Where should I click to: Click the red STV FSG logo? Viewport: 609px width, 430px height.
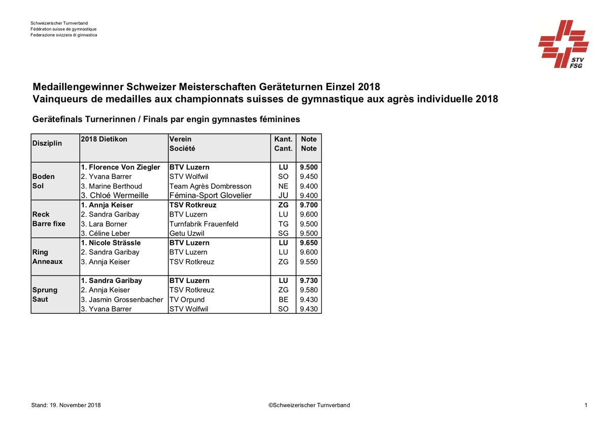click(x=564, y=44)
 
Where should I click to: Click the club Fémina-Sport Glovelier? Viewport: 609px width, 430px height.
click(x=210, y=196)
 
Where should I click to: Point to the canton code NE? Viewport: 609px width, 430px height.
click(x=283, y=186)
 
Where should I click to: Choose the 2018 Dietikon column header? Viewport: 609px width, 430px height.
click(x=104, y=139)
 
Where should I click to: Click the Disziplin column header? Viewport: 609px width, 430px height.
click(x=47, y=144)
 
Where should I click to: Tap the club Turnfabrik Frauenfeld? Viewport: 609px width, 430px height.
click(x=204, y=224)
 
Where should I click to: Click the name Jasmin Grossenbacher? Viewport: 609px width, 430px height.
click(x=122, y=300)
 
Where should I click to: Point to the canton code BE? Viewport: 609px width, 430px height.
click(x=283, y=300)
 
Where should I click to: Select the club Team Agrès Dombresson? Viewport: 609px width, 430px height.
click(x=210, y=186)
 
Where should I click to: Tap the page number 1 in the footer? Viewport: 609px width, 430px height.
click(x=586, y=405)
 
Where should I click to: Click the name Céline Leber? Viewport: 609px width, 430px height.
click(x=105, y=234)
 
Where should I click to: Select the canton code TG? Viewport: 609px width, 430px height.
click(x=283, y=224)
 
